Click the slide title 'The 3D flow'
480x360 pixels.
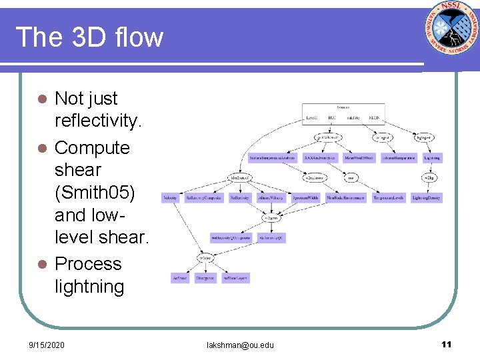89,37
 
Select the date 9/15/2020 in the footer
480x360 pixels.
47,345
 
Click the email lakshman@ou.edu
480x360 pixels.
241,345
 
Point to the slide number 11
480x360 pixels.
446,344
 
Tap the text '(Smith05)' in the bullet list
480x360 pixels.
95,193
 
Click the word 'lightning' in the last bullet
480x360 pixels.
89,287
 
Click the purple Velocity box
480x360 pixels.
170,198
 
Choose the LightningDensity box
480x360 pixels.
427,198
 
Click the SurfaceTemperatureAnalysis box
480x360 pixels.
272,158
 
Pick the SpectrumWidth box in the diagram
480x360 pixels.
306,198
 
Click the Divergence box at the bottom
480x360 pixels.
205,278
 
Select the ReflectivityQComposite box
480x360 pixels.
230,237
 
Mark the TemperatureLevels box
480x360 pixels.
389,198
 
